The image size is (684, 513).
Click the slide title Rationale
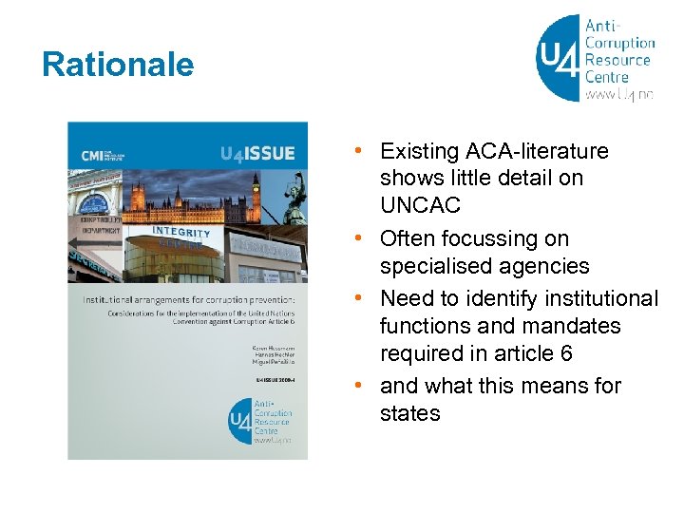coord(118,65)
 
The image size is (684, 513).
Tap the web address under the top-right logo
coord(619,95)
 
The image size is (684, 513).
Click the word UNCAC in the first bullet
coord(419,205)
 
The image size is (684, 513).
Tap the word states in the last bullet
coord(409,413)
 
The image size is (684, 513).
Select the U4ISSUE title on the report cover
coord(256,153)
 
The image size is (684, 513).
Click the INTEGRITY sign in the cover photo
coord(180,233)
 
